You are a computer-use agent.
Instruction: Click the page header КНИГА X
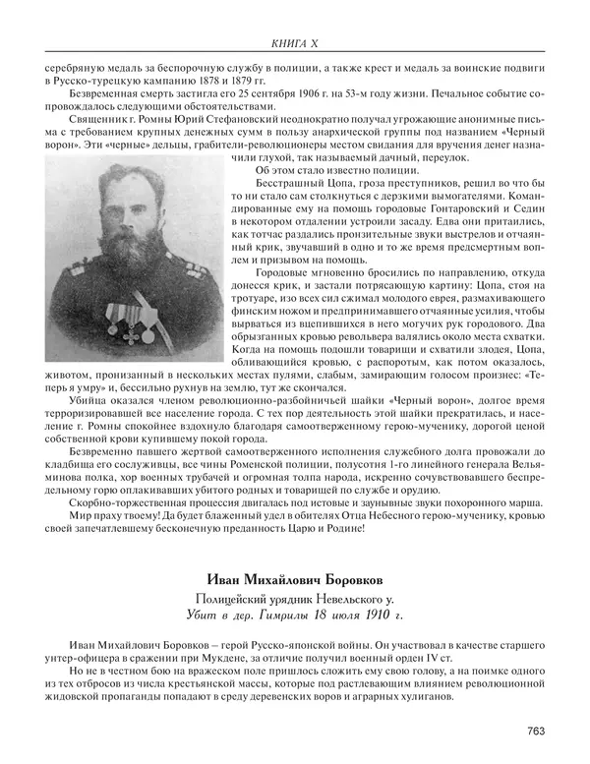click(294, 42)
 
